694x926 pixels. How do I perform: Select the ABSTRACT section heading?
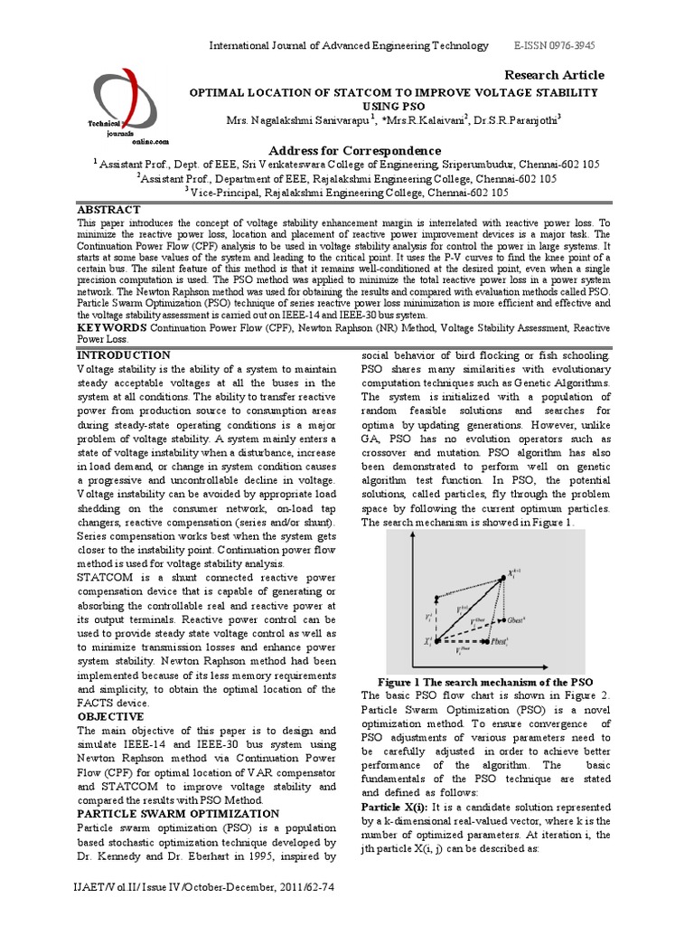(x=109, y=208)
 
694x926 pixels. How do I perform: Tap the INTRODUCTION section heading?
(x=123, y=355)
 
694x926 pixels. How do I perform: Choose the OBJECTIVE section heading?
(x=111, y=716)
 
